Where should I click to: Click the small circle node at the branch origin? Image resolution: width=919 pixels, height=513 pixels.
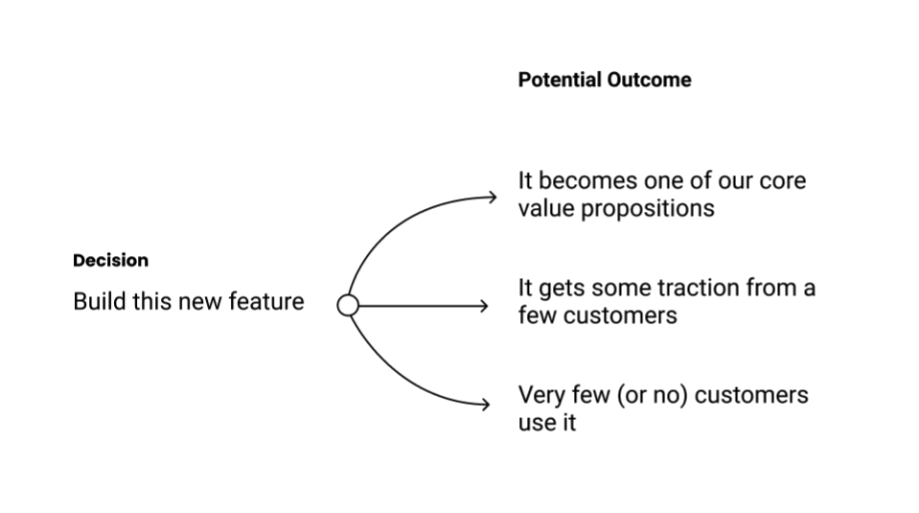(349, 305)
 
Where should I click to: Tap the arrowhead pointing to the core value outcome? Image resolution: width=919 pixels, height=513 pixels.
(492, 198)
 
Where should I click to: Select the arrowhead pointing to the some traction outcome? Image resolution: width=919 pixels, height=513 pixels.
(484, 306)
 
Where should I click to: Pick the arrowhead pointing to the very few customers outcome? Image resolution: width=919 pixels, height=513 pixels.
(485, 405)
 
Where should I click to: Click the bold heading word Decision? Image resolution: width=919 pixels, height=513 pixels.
(111, 261)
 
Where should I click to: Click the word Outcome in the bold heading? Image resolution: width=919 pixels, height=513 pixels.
(650, 81)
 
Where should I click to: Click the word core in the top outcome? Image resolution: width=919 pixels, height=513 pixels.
(782, 181)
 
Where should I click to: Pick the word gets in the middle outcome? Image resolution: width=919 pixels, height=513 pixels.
(563, 289)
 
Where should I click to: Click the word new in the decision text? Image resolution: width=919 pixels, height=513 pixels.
(196, 302)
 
